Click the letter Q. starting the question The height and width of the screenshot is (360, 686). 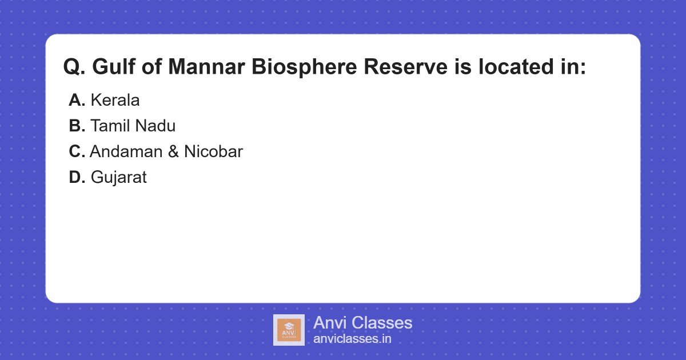pos(75,67)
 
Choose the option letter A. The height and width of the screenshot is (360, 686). pos(77,101)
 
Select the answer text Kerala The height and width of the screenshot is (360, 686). pos(115,101)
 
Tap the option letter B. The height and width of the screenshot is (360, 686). pos(77,126)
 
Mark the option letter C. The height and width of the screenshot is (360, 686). pos(77,152)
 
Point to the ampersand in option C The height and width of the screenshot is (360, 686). pos(173,152)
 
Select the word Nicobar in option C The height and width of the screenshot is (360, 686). pos(213,152)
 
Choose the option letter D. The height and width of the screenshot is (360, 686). pos(77,178)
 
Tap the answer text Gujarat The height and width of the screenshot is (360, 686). pos(119,178)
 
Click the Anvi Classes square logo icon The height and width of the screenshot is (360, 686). pos(289,330)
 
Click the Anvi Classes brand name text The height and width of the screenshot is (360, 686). pos(362,323)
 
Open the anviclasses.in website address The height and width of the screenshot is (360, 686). pos(352,339)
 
